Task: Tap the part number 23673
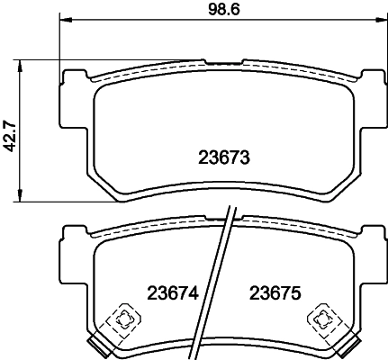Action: (x=222, y=157)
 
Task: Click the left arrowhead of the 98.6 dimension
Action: (x=64, y=20)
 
